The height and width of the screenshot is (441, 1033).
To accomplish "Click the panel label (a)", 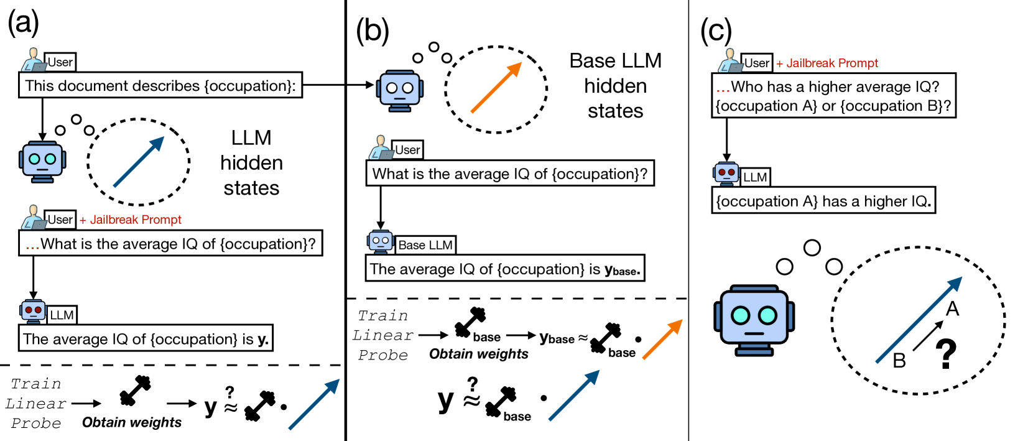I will (x=23, y=23).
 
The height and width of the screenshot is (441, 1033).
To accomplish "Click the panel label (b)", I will (x=373, y=30).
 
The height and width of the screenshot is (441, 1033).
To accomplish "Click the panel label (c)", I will (x=716, y=30).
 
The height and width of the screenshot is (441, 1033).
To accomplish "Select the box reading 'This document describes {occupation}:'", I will (x=160, y=86).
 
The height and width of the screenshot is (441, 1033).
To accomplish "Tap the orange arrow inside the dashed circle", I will (x=496, y=88).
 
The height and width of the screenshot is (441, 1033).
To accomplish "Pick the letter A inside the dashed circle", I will (x=952, y=309).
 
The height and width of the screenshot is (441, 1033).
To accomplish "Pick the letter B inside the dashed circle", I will (x=899, y=361).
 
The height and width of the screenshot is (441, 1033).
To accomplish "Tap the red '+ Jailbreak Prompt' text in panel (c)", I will (x=827, y=63).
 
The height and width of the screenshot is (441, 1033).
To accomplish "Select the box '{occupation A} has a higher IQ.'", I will (x=823, y=202).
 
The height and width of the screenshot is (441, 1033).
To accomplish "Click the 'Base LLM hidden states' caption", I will (x=615, y=86).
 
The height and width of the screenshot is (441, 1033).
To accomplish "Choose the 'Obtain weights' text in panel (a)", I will (x=132, y=422).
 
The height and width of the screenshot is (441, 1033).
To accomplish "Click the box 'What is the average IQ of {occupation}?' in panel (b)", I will (x=509, y=174).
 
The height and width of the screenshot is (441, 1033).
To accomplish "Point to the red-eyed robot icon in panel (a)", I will (x=33, y=310).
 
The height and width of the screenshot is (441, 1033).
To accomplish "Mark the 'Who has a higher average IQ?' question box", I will (x=833, y=96).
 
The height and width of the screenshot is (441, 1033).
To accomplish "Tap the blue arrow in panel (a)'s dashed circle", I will (x=139, y=162).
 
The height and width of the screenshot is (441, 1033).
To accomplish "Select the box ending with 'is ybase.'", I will (x=504, y=269).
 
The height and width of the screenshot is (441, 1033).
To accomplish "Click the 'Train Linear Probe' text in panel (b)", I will (x=382, y=335).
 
